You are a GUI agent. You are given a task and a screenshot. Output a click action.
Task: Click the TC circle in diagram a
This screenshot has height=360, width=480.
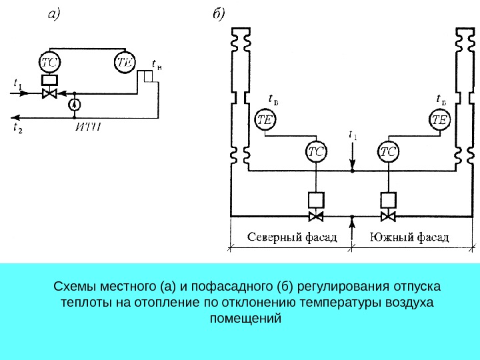pyautogui.click(x=50, y=63)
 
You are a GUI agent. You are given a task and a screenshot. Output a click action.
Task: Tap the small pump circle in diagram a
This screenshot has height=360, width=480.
pyautogui.click(x=75, y=105)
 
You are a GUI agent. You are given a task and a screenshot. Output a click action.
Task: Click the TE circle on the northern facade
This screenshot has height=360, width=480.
pyautogui.click(x=265, y=120)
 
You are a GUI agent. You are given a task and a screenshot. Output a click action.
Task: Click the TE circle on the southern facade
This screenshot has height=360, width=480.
pyautogui.click(x=439, y=120)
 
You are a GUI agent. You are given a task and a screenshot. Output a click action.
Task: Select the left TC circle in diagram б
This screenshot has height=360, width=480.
pyautogui.click(x=317, y=152)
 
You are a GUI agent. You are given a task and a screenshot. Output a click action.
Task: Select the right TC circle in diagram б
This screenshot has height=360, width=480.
pyautogui.click(x=388, y=152)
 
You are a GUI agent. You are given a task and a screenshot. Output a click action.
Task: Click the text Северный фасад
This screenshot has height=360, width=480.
pyautogui.click(x=291, y=237)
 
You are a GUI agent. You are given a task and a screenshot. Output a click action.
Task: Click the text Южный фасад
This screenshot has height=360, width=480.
pyautogui.click(x=408, y=237)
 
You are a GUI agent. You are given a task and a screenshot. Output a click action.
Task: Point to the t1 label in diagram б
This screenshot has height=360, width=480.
pyautogui.click(x=353, y=136)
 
